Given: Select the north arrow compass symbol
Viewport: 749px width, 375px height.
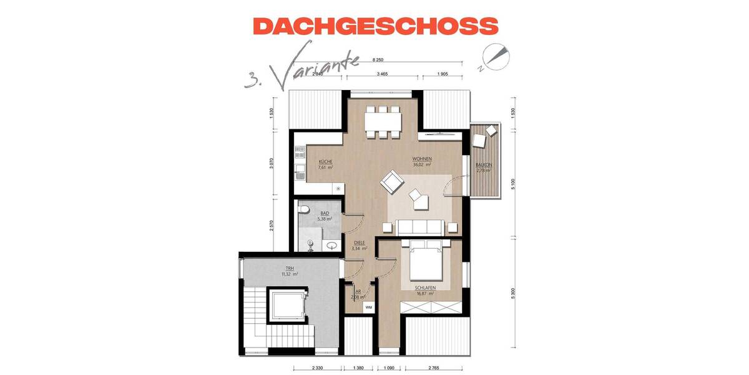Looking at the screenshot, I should tap(494, 56).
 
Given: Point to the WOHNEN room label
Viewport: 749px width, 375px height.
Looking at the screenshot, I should tap(422, 159).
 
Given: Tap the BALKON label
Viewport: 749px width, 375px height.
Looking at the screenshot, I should tap(484, 165).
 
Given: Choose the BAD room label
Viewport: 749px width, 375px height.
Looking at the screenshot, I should tap(325, 213).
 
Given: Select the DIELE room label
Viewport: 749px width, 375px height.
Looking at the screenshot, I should tap(359, 242).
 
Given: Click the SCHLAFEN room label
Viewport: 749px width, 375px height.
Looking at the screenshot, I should tap(424, 288).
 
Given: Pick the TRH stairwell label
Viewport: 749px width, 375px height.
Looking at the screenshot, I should tap(289, 267).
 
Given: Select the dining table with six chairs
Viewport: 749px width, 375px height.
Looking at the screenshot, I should tap(382, 121).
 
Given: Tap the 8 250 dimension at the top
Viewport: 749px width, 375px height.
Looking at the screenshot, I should tap(377, 59).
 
